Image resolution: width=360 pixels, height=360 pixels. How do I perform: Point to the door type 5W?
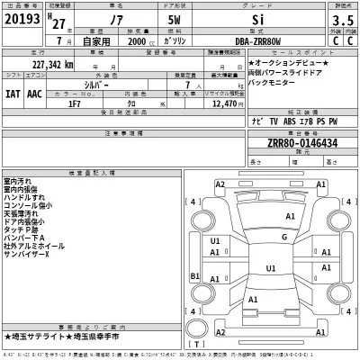click(174, 22)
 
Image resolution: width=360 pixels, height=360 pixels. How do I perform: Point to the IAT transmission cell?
click(11, 93)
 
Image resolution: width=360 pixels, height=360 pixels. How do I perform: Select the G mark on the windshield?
click(283, 238)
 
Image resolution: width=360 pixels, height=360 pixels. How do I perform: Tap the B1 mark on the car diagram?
click(195, 275)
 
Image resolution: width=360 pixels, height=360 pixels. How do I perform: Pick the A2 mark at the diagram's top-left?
click(220, 184)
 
